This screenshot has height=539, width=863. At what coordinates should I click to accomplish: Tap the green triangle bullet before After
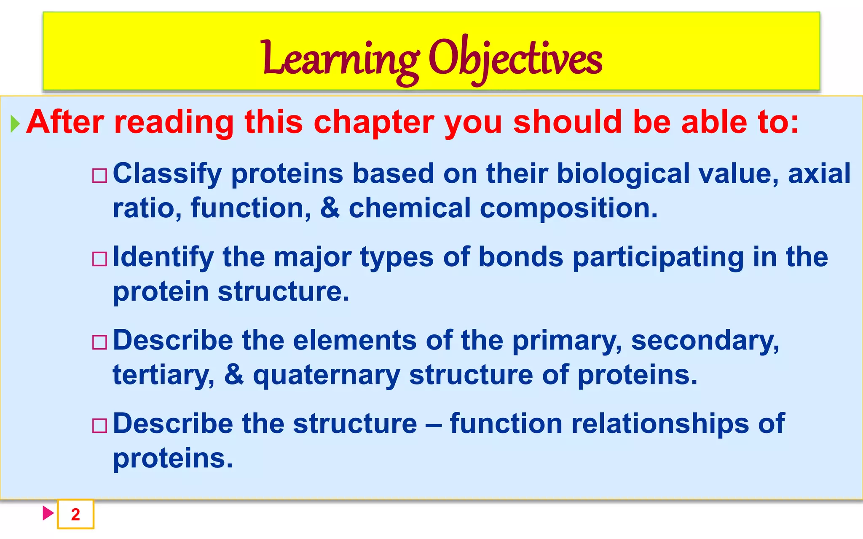point(15,124)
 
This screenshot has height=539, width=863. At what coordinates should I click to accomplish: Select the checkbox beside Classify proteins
point(100,176)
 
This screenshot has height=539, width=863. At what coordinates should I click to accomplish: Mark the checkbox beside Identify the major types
point(100,259)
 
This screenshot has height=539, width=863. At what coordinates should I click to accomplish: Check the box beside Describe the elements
point(100,342)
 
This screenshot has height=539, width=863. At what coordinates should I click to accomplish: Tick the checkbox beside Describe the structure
point(100,426)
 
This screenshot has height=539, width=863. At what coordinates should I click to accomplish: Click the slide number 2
point(75,514)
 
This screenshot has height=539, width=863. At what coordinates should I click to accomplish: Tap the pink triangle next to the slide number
point(48,513)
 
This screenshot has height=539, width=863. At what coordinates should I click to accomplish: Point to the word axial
point(819,173)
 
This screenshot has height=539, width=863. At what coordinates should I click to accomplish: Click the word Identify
point(163,257)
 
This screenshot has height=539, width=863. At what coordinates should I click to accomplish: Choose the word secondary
point(705,340)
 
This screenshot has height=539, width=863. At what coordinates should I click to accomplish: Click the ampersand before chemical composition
point(330,208)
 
